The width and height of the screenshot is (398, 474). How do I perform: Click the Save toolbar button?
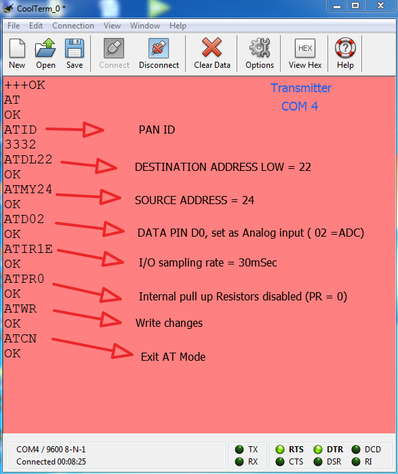75,54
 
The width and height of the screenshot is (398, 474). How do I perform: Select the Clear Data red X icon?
212,47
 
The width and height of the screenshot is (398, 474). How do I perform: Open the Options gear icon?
260,47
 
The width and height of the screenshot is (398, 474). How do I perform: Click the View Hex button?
305,54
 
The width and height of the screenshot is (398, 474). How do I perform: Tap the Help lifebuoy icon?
345,47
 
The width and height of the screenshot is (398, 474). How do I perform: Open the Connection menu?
73,26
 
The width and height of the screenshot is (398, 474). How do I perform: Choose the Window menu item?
145,26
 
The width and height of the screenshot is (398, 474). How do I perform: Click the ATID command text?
20,130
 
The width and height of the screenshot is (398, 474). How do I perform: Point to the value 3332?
20,144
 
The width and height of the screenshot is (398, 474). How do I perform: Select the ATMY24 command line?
28,189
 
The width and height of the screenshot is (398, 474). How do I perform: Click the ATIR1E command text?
28,249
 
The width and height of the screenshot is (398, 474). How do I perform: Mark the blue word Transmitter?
301,88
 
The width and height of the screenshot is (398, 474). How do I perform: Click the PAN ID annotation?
157,130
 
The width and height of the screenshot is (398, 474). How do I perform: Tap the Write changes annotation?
169,323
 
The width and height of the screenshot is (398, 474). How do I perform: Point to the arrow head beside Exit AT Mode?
123,351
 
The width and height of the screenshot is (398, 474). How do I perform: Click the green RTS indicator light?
280,450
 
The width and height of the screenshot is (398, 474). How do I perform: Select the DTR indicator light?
317,450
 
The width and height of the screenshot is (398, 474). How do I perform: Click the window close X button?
380,5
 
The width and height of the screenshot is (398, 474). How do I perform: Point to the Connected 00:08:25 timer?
51,462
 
